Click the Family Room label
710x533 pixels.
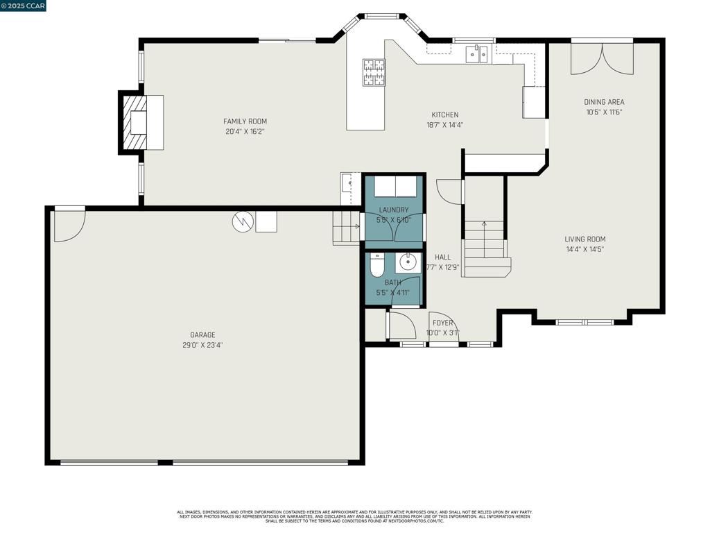pos(245,121)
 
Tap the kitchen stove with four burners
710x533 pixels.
pos(373,72)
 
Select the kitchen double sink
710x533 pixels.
pos(476,54)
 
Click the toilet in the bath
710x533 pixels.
pos(377,264)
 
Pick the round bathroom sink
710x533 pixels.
pos(408,263)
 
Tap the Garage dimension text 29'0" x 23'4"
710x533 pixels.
pos(202,345)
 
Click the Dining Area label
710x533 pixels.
pos(604,102)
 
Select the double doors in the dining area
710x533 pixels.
pos(602,59)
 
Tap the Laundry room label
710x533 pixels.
pos(394,210)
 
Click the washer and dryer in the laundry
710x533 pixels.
pos(395,187)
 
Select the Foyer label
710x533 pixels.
pos(442,323)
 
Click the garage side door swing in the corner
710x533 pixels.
pos(69,225)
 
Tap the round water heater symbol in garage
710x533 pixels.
pos(243,221)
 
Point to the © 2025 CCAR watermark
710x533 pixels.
pos(24,6)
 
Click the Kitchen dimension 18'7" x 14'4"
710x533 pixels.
pos(445,125)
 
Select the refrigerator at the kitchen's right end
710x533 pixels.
pos(533,101)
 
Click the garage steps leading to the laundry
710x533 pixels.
pos(346,228)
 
